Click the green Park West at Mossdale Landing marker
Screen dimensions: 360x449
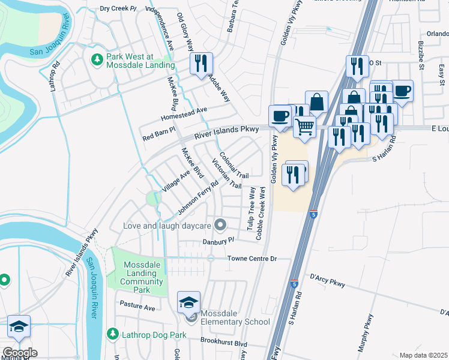tap(97, 59)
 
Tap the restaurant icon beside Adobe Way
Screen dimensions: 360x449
tap(200, 64)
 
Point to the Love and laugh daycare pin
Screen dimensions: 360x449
tap(220, 226)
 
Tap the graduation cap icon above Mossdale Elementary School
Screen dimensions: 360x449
tap(189, 302)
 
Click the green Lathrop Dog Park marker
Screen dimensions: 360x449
tap(112, 333)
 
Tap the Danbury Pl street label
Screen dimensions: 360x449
tap(217, 240)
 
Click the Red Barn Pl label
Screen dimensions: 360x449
tap(158, 130)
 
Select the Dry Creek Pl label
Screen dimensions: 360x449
tap(118, 8)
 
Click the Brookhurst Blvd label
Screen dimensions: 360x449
tap(224, 344)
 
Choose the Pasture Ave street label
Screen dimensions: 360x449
tap(137, 307)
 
